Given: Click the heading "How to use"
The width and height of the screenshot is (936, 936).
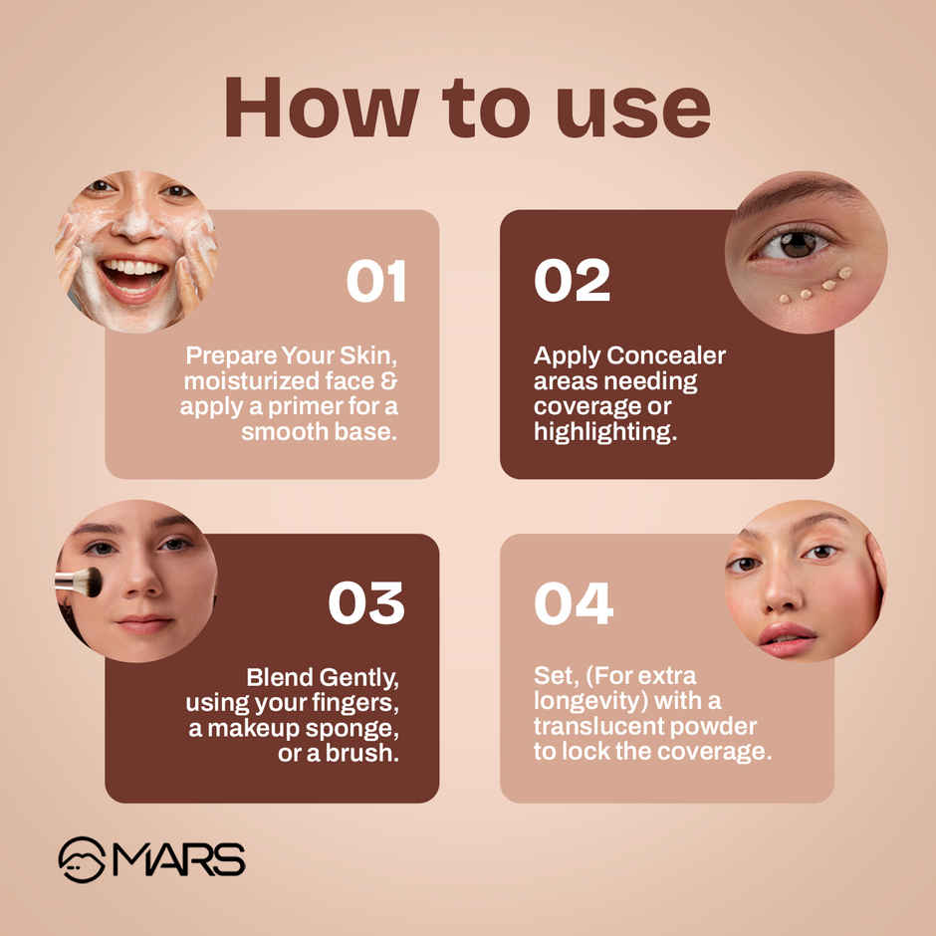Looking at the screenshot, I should coord(467,107).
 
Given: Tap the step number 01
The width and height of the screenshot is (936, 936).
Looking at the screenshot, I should coord(376,282).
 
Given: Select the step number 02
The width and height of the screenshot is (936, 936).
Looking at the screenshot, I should coord(572,282).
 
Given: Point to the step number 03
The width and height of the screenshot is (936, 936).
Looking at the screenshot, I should coord(366,604).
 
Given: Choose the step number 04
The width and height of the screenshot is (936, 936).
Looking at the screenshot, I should coord(574,604).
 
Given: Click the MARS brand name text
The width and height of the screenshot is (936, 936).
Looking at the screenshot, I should coord(178,859).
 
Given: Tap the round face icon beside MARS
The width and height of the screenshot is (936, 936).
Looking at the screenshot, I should coord(82,859).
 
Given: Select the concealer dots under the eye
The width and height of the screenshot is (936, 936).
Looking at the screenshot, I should coord(816,287).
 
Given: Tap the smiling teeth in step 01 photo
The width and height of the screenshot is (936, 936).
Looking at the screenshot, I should coord(132,270).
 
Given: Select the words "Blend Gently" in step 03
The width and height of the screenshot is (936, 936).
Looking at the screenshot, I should coord(323,678).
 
